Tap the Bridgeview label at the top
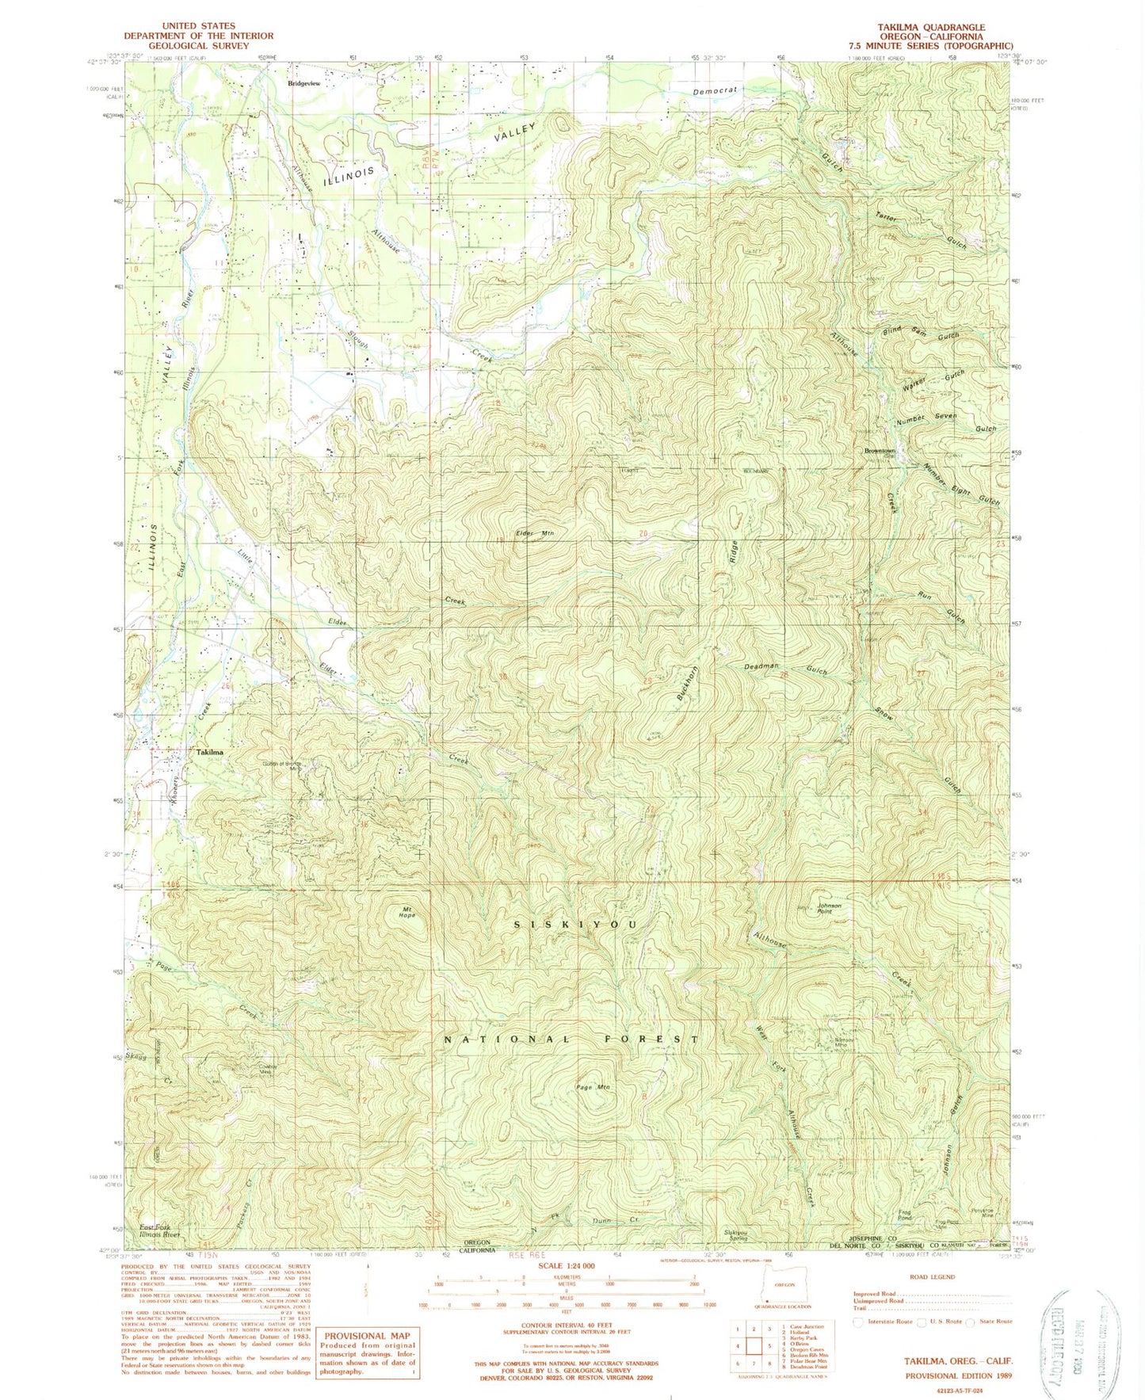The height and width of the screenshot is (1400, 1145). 304,83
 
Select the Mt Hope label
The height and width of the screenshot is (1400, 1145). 407,912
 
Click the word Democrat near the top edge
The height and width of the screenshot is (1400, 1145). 715,91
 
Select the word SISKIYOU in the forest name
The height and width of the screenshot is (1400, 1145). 575,925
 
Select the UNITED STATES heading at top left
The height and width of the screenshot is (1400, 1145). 197,26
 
